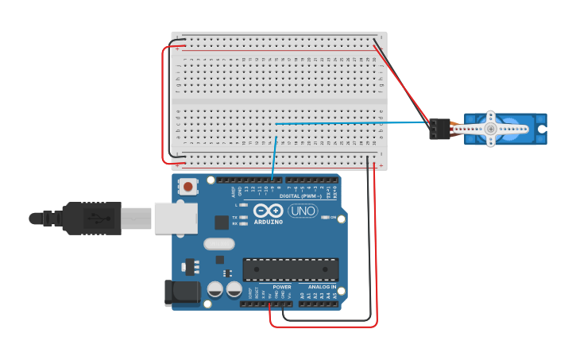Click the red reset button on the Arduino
coord(188,187)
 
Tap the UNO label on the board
coord(303,211)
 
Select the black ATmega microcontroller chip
coord(290,269)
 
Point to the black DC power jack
coord(180,293)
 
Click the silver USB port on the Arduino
coord(176,217)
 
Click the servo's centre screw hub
coord(491,128)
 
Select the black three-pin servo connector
coord(439,128)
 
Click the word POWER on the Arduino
coord(282,286)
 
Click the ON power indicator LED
coord(323,217)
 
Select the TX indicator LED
coord(244,217)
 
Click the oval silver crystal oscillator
coord(219,244)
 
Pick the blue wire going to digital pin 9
coord(274,155)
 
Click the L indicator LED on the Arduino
coord(244,205)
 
